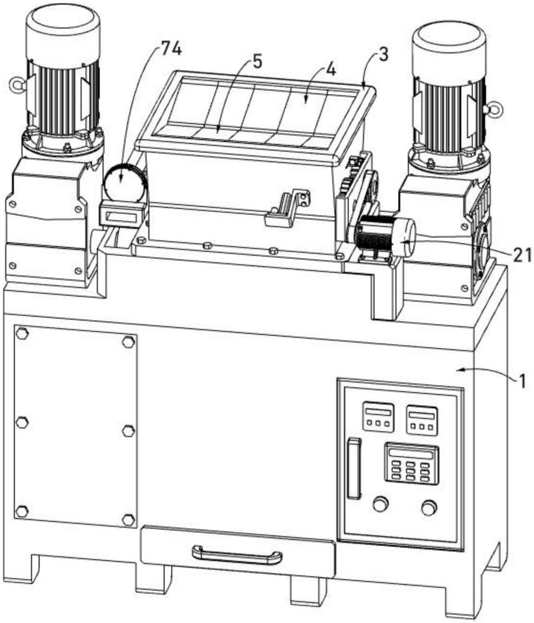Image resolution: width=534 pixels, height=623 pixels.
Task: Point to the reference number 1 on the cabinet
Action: pyautogui.click(x=523, y=378)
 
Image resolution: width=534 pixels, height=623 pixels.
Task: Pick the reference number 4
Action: pyautogui.click(x=330, y=69)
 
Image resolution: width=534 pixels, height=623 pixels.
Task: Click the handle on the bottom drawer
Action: pyautogui.click(x=237, y=554)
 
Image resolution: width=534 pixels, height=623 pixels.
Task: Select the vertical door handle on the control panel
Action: pyautogui.click(x=353, y=468)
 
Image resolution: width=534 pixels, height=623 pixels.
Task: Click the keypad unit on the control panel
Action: pyautogui.click(x=411, y=463)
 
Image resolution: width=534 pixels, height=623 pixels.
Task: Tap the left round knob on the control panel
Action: pyautogui.click(x=380, y=503)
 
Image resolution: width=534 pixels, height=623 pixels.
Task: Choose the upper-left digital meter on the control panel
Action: pyautogui.click(x=378, y=416)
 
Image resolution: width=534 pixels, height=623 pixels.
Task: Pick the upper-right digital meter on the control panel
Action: pyautogui.click(x=422, y=420)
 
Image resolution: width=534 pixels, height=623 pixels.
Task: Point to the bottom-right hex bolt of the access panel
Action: pyautogui.click(x=128, y=519)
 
